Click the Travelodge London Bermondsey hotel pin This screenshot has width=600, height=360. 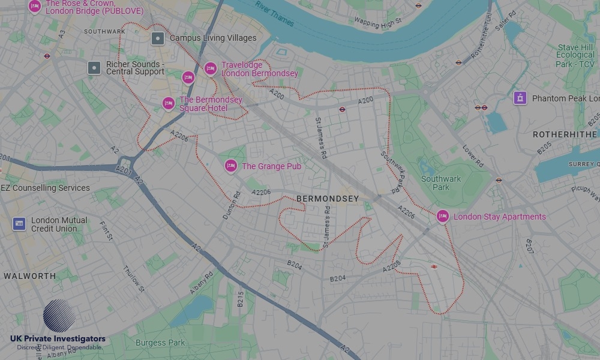pyautogui.click(x=210, y=69)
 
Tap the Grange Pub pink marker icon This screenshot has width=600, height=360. pyautogui.click(x=231, y=166)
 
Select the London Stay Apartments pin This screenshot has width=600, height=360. pyautogui.click(x=443, y=217)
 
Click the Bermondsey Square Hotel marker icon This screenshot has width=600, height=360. pyautogui.click(x=169, y=104)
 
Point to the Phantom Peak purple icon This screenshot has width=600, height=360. pyautogui.click(x=520, y=98)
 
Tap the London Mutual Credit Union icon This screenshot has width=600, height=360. pyautogui.click(x=19, y=224)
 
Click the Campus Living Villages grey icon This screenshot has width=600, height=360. pyautogui.click(x=158, y=38)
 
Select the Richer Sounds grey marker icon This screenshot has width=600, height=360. pyautogui.click(x=94, y=68)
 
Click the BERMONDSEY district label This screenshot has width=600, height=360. pyautogui.click(x=328, y=199)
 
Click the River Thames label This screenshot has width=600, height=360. pyautogui.click(x=274, y=14)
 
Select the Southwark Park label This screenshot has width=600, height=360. pyautogui.click(x=441, y=183)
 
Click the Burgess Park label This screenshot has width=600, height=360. pyautogui.click(x=160, y=343)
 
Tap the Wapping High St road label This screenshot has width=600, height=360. pyautogui.click(x=377, y=23)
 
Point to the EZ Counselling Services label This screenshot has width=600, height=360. pyautogui.click(x=46, y=188)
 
